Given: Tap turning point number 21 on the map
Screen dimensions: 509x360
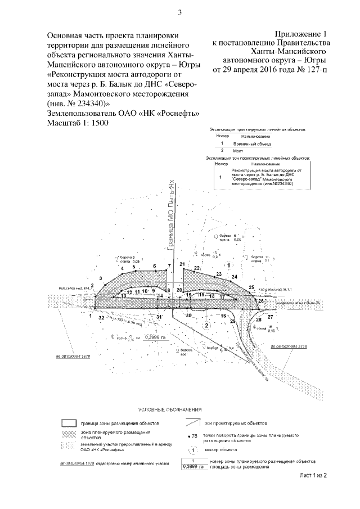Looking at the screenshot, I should pyautogui.click(x=182, y=264).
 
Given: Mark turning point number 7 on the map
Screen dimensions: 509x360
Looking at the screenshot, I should pyautogui.click(x=169, y=265).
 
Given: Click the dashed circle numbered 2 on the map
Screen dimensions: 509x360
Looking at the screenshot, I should pyautogui.click(x=207, y=325).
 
